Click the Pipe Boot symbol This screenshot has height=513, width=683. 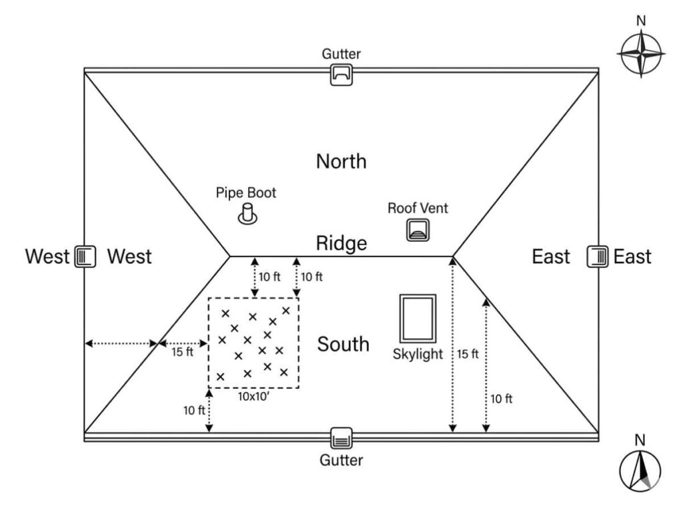click(249, 216)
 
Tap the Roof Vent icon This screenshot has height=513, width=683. click(418, 230)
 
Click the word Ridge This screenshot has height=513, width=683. click(341, 243)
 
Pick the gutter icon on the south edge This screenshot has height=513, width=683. click(341, 438)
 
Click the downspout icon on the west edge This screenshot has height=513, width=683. click(85, 256)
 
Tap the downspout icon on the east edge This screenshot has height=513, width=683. click(597, 256)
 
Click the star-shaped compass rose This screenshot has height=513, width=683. click(641, 54)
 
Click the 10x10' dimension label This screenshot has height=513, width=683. click(254, 395)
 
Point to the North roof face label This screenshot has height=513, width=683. click(341, 161)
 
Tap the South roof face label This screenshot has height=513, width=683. click(343, 344)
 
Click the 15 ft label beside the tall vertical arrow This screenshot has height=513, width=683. click(468, 354)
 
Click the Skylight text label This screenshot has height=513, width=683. click(418, 354)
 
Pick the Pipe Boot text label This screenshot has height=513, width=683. click(245, 193)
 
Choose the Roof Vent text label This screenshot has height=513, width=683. click(418, 208)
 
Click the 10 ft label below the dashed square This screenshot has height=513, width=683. click(193, 410)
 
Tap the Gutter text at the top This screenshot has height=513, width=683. click(341, 54)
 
